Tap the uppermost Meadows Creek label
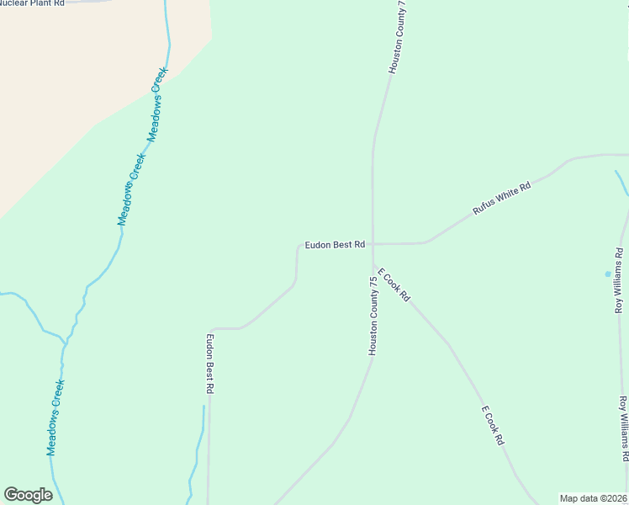[158, 103]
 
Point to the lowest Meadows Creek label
[56, 417]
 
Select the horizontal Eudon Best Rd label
[335, 245]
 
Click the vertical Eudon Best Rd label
[210, 364]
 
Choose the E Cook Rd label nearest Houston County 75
[394, 285]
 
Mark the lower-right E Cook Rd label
[493, 426]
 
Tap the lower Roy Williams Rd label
[624, 428]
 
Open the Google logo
[28, 495]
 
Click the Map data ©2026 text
[593, 498]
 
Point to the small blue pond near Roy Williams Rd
[608, 274]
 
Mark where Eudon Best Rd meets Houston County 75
[373, 244]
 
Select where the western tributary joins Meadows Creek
[65, 342]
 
